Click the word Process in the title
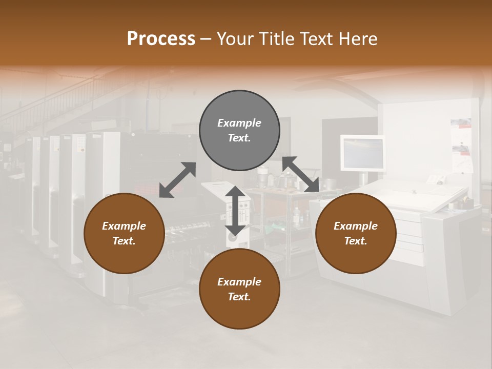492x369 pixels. tap(161, 38)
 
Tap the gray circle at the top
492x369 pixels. tap(239, 131)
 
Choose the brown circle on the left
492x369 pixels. tap(124, 233)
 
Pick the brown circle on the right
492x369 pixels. tap(356, 233)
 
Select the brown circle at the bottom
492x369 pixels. tap(239, 289)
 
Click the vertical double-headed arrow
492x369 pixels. tap(235, 211)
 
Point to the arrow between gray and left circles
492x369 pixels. tap(177, 180)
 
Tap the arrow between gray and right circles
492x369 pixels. tap(301, 174)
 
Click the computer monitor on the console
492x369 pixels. tap(362, 153)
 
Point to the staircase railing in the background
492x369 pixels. tap(61, 102)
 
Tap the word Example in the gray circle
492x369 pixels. tap(239, 123)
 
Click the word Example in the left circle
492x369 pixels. tap(124, 226)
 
